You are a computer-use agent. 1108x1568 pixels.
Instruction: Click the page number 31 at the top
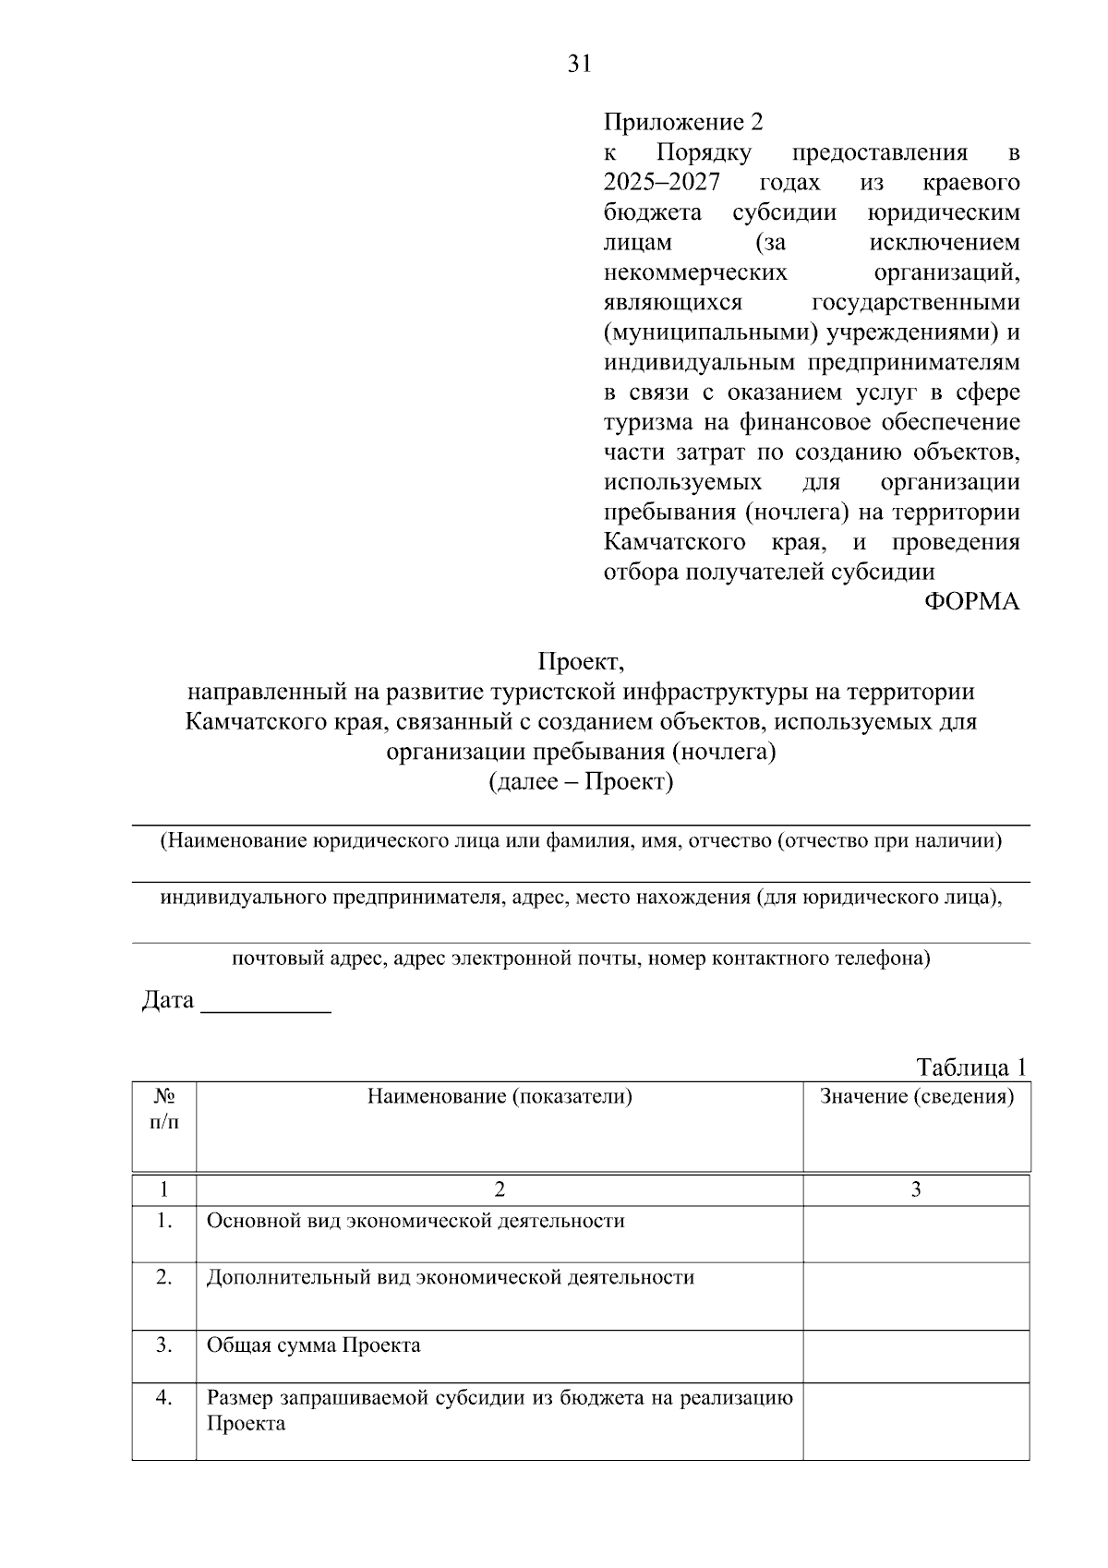[x=578, y=64]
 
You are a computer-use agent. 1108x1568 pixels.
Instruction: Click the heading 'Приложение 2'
[x=684, y=122]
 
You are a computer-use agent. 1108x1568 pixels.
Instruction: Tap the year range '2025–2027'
[x=661, y=182]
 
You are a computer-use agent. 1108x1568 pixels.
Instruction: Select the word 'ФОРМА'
[x=971, y=602]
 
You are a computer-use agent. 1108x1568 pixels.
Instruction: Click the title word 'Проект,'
[x=582, y=662]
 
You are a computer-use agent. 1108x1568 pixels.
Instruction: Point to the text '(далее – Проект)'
[x=581, y=782]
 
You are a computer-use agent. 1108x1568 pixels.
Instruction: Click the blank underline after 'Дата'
[x=266, y=1005]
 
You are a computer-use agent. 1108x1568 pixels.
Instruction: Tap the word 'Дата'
[x=167, y=1000]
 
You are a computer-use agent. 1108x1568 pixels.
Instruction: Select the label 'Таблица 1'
[x=971, y=1067]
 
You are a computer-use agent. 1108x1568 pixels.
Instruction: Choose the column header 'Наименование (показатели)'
[x=500, y=1097]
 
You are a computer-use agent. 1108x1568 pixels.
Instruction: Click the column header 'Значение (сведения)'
[x=916, y=1097]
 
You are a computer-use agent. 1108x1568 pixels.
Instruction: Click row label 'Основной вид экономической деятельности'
[x=415, y=1221]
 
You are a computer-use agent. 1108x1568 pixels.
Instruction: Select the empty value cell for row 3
[x=916, y=1357]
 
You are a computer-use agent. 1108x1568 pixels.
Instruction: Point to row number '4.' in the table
[x=164, y=1398]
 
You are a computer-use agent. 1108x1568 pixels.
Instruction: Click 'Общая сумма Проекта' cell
[x=313, y=1345]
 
